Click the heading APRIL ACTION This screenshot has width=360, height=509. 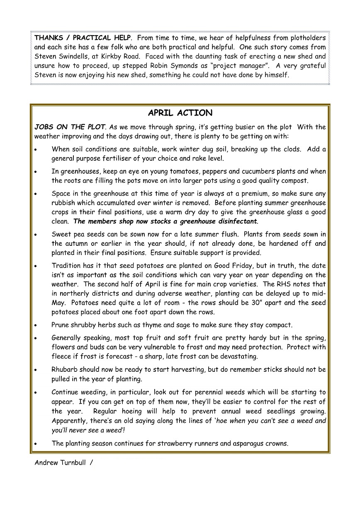click(x=180, y=113)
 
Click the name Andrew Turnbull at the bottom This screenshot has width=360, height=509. click(x=61, y=462)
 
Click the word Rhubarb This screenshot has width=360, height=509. click(x=65, y=369)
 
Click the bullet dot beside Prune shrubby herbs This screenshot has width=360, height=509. click(x=36, y=325)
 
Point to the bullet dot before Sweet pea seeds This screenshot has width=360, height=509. click(x=36, y=235)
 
